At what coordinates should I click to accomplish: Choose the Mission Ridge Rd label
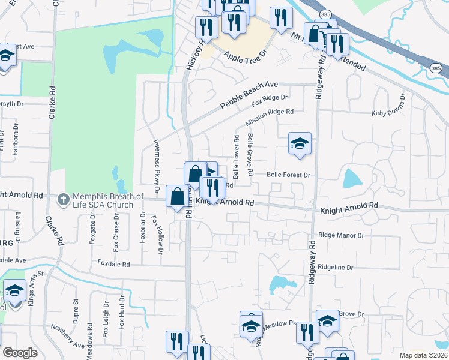click(x=269, y=118)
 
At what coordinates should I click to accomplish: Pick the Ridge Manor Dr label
click(x=342, y=236)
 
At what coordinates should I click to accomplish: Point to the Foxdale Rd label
click(x=113, y=264)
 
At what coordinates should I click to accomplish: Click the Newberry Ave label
click(x=68, y=340)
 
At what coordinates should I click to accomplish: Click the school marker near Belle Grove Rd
click(x=300, y=144)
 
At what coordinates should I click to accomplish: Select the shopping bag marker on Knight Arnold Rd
click(x=178, y=196)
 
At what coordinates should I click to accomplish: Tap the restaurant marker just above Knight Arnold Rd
click(x=212, y=187)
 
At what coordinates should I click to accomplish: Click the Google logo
click(x=20, y=353)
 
